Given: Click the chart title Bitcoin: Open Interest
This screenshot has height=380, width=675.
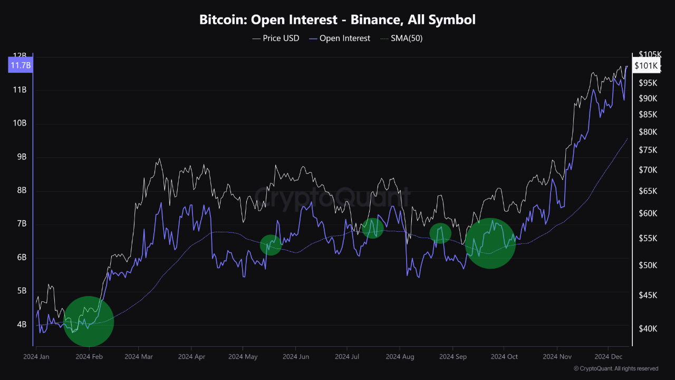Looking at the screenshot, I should click(337, 20).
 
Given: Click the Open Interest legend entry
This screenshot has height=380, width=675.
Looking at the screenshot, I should click(340, 39).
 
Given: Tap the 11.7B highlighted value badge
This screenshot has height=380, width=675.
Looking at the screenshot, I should click(20, 65).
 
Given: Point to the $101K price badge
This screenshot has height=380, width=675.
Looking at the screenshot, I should click(646, 65).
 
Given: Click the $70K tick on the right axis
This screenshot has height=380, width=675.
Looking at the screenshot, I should click(648, 170).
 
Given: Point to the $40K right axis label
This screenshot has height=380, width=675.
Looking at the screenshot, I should click(648, 329).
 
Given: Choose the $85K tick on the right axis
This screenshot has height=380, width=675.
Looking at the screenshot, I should click(648, 115).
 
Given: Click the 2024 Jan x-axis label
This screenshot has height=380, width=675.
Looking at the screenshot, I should click(36, 357).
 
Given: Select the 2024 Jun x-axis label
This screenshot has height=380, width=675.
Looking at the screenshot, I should click(296, 357).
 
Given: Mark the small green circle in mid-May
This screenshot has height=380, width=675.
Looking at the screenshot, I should click(271, 245).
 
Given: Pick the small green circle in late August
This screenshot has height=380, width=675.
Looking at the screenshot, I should click(440, 233).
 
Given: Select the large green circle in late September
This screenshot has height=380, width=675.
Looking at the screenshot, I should click(490, 243).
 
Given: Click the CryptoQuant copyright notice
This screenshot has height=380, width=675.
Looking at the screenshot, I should click(615, 368).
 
